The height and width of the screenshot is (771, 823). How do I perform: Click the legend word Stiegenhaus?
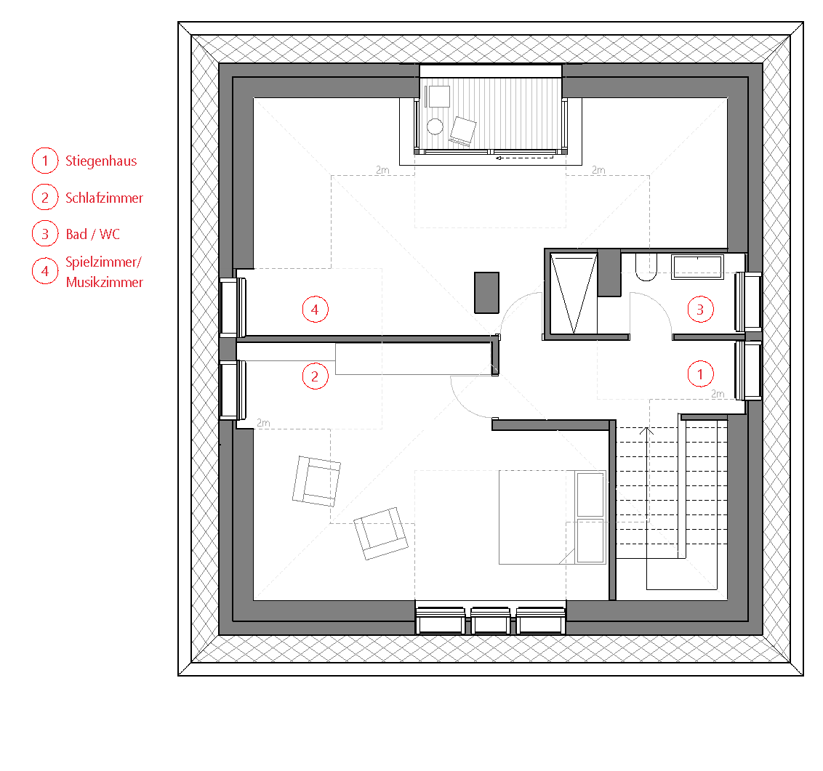(x=101, y=161)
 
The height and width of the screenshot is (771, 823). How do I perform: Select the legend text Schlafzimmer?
(x=104, y=198)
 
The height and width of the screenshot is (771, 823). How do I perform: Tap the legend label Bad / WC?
(x=92, y=234)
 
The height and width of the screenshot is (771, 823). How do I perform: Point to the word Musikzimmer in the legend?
(x=105, y=282)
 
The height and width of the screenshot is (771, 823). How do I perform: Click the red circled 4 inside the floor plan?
(x=315, y=310)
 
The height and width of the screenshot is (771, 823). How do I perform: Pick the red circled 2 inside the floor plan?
(x=315, y=376)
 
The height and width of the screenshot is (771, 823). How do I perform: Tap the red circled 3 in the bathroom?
(x=700, y=310)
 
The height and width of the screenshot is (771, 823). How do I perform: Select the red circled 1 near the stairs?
(x=700, y=374)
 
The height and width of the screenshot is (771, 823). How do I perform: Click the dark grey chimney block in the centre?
(x=486, y=293)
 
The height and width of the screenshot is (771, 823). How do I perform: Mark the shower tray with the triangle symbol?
(x=574, y=294)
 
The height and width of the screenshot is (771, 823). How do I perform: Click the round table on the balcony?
(x=435, y=126)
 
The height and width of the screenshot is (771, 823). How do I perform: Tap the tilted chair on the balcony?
(x=463, y=131)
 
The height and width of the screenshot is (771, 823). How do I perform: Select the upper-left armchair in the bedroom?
(x=316, y=481)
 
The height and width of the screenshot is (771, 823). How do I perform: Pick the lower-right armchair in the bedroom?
(x=380, y=533)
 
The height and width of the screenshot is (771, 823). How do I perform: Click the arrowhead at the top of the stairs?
(x=646, y=431)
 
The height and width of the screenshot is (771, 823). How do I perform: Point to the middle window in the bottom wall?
(x=490, y=620)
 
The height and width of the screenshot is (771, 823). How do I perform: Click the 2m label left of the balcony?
(x=382, y=170)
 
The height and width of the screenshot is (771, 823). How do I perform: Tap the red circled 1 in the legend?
(x=45, y=161)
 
